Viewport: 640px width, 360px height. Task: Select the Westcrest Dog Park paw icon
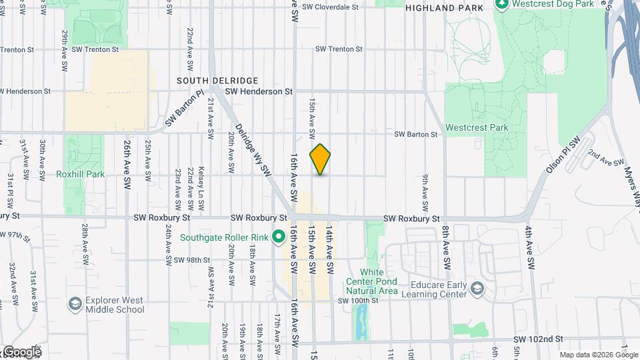click(x=501, y=4)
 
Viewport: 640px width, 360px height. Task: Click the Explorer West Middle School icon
click(x=75, y=304)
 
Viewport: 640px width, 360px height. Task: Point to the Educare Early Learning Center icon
click(x=477, y=288)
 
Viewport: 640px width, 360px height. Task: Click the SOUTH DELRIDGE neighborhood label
click(x=208, y=80)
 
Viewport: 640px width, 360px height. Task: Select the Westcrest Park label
click(x=477, y=127)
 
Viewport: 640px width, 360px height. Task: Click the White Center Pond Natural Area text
click(x=379, y=282)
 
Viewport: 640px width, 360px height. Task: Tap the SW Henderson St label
click(x=259, y=91)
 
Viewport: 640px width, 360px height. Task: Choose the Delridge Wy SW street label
click(x=253, y=151)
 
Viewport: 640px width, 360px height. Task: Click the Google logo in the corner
click(x=21, y=352)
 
